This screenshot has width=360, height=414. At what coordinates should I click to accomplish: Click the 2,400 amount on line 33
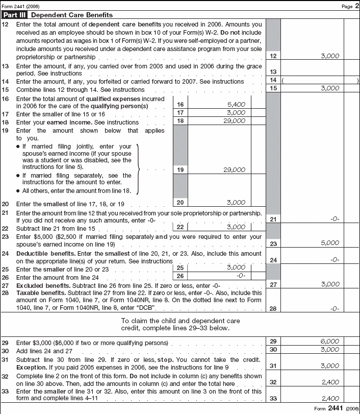330,398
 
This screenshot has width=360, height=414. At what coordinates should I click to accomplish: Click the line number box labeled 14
273,81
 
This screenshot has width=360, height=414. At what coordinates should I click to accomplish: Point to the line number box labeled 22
181,227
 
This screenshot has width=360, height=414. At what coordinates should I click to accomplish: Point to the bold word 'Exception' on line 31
31,367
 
